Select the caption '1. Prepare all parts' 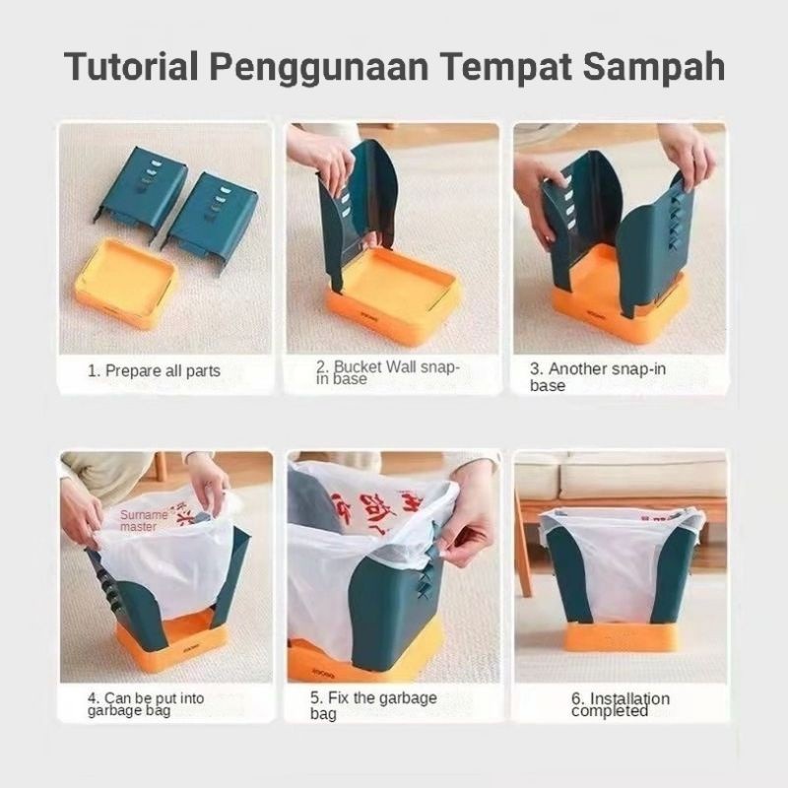(155, 371)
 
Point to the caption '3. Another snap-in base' (598, 376)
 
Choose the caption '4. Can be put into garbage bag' (146, 704)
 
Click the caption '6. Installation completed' (621, 704)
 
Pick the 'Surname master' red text (146, 520)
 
